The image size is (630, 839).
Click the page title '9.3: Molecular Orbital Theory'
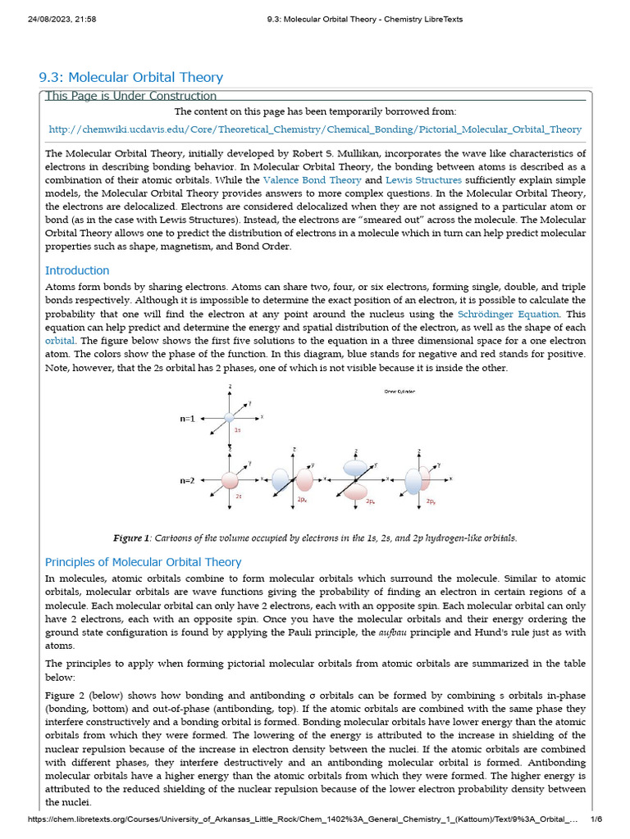pos(131,78)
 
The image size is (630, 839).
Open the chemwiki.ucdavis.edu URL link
pos(315,129)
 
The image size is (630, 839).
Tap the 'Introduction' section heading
pos(77,270)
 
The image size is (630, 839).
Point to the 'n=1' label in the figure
pos(188,418)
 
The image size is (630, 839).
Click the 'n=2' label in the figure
pos(188,480)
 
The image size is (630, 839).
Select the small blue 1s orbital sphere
pos(230,418)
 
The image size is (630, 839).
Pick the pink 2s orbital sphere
pos(231,479)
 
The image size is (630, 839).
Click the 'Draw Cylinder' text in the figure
pos(399,392)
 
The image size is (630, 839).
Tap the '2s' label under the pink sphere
pos(239,497)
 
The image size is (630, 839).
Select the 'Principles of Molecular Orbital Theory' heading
pos(144,562)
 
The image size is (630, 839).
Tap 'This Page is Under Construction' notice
pos(131,97)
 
